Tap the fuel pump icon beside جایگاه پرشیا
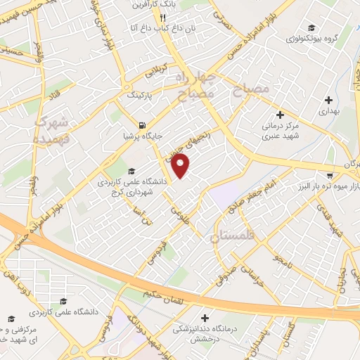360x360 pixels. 143,126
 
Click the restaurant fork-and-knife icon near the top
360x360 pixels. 162,18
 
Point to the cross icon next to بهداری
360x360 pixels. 328,100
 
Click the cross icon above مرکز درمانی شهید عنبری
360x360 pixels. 281,115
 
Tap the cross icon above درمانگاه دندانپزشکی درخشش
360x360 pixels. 205,318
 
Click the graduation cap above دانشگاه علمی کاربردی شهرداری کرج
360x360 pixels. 131,170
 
